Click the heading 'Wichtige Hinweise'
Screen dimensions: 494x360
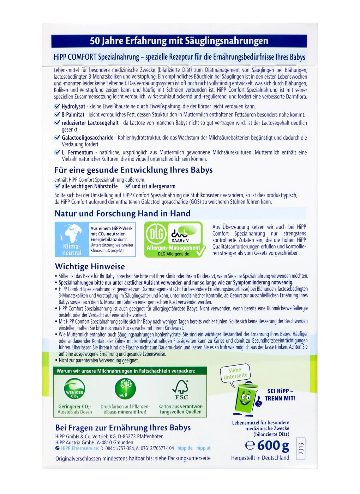click(90, 266)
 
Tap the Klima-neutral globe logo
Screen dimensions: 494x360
click(72, 239)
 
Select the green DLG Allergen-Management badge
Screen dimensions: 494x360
click(174, 239)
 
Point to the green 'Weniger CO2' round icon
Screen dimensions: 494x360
click(75, 389)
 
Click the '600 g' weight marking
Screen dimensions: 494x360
click(268, 445)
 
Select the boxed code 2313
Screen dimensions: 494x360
click(301, 448)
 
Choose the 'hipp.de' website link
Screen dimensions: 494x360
click(185, 448)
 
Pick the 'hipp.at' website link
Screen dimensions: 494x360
click(203, 448)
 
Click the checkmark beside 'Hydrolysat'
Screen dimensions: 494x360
click(57, 106)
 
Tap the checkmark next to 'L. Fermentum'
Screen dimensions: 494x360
click(57, 152)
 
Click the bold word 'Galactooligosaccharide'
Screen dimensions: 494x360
click(88, 138)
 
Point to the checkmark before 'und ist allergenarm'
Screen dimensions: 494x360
click(128, 186)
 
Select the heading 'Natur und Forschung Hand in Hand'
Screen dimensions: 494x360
click(122, 213)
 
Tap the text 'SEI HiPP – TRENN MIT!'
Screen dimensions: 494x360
click(280, 394)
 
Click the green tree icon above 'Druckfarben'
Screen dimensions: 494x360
click(125, 388)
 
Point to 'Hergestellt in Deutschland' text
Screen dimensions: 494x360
click(260, 458)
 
